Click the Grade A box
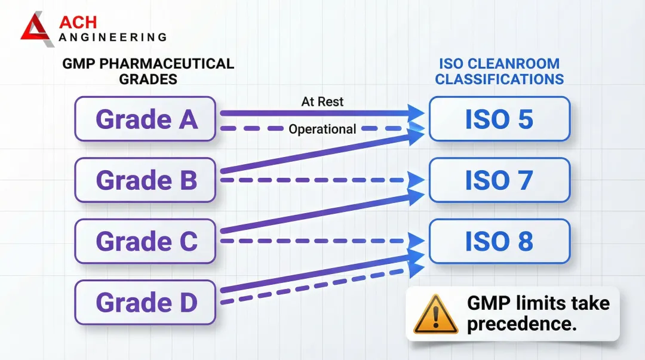tap(145, 119)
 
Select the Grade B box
tap(145, 180)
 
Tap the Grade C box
tap(145, 241)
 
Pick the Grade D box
tap(145, 303)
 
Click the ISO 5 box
tap(499, 119)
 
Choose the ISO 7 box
tap(499, 180)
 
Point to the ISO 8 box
tap(499, 241)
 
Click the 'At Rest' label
tap(322, 101)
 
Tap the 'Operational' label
tap(322, 129)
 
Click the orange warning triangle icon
tap(435, 315)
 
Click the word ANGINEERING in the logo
tap(113, 38)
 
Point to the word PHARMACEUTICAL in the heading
tap(167, 64)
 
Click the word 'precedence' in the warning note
tap(521, 324)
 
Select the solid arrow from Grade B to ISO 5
tap(322, 153)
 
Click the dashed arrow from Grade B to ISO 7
tap(322, 180)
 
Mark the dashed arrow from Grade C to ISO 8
tap(322, 241)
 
